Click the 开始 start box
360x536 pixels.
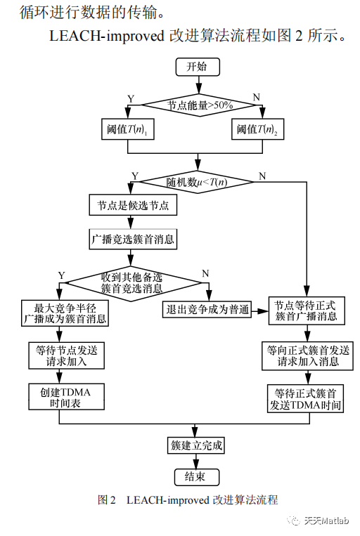click(198, 67)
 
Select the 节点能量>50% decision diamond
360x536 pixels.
click(199, 105)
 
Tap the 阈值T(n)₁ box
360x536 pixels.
click(128, 129)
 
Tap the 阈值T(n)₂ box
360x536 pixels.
click(257, 129)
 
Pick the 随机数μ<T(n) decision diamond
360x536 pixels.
click(198, 182)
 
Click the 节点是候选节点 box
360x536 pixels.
click(133, 205)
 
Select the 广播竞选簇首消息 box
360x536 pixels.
click(133, 239)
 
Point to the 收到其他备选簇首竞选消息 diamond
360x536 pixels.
click(131, 283)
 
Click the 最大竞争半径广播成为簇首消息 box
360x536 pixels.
click(65, 313)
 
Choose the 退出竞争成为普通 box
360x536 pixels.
click(207, 310)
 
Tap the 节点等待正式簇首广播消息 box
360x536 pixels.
click(307, 311)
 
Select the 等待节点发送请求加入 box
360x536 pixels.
click(66, 356)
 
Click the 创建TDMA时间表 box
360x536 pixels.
click(66, 396)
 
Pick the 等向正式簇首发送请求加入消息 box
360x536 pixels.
click(307, 356)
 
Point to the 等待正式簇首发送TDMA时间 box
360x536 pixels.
click(305, 398)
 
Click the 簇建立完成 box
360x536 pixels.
click(196, 445)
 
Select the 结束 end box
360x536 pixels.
click(196, 477)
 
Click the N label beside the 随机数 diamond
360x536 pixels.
click(262, 176)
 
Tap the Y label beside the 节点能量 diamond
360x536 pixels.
click(131, 99)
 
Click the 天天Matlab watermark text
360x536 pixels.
click(326, 521)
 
